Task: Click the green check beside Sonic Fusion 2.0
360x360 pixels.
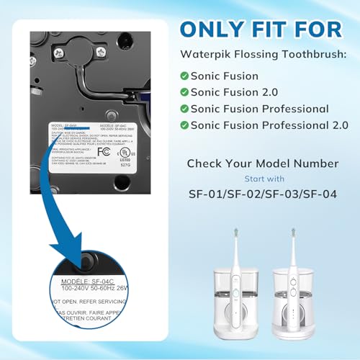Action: [x=185, y=92]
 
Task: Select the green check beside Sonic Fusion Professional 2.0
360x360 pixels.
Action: [x=185, y=125]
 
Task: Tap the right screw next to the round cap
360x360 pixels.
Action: [x=101, y=53]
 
